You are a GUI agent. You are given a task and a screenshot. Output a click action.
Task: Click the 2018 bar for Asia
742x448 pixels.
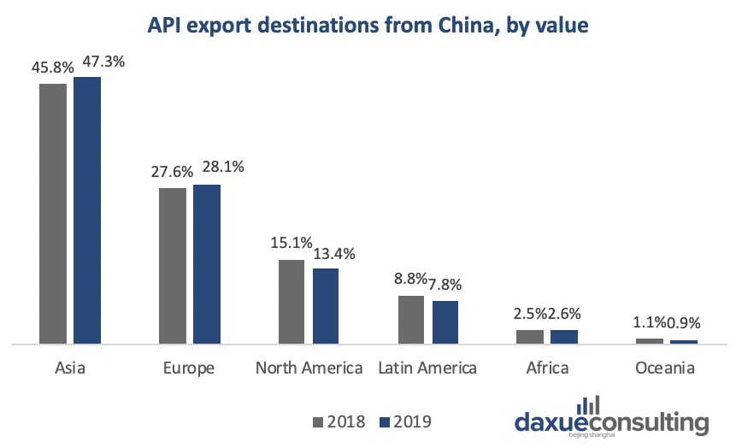click(x=53, y=214)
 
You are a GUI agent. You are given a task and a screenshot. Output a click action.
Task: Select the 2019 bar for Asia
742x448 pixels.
click(x=87, y=210)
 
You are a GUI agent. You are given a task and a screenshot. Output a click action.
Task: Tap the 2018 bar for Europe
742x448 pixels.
click(x=173, y=266)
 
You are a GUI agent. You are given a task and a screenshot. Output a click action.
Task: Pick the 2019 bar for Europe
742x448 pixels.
click(x=207, y=264)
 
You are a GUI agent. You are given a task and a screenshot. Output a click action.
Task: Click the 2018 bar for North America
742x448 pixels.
click(x=291, y=302)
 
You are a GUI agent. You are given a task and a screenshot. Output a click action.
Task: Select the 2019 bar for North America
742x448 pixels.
click(x=326, y=306)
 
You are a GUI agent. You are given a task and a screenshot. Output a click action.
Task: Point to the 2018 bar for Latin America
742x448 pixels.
click(x=411, y=320)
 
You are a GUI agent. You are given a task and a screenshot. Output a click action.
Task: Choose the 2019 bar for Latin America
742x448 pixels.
click(x=445, y=322)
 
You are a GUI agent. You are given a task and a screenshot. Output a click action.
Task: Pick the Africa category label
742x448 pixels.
click(x=547, y=368)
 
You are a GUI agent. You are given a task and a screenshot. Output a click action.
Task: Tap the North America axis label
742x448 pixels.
click(x=309, y=368)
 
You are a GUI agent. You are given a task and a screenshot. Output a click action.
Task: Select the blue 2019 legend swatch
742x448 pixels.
click(x=384, y=421)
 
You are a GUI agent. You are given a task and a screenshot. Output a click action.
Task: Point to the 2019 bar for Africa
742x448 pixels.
click(x=565, y=337)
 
